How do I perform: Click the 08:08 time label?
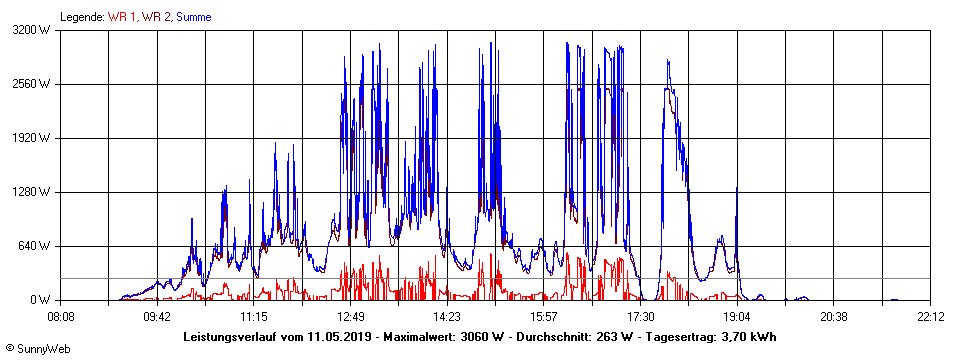pos(61,316)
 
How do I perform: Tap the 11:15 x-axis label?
pos(254,316)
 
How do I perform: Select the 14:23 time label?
pos(447,316)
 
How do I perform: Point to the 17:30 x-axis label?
pos(641,316)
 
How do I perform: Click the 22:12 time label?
pos(931,316)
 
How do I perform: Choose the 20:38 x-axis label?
pos(834,316)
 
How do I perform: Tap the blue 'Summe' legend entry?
pos(194,16)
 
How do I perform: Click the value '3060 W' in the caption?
pos(481,336)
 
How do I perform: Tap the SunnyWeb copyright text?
pos(38,348)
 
